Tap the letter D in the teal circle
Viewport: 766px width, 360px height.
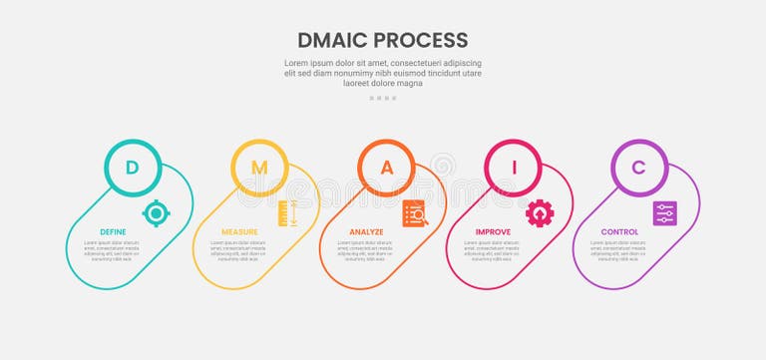pyautogui.click(x=132, y=168)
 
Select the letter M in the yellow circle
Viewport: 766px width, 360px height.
pyautogui.click(x=259, y=168)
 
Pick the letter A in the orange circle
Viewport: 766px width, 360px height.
pyautogui.click(x=387, y=168)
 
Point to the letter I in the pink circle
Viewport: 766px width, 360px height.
pyautogui.click(x=514, y=168)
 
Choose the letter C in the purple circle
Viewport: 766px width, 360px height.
pyautogui.click(x=639, y=168)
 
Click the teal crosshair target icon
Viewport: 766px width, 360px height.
pyautogui.click(x=156, y=212)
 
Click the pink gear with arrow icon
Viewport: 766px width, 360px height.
pyautogui.click(x=540, y=212)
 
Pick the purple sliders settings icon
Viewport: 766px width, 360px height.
pyautogui.click(x=665, y=212)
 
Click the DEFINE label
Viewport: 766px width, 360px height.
pyautogui.click(x=113, y=232)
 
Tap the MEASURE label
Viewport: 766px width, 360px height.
pyautogui.click(x=240, y=232)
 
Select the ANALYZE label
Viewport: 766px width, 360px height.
pyautogui.click(x=366, y=232)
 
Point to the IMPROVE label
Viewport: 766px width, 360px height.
pyautogui.click(x=493, y=232)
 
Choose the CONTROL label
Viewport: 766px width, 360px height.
pyautogui.click(x=619, y=232)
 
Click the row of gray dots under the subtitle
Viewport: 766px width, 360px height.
pyautogui.click(x=383, y=98)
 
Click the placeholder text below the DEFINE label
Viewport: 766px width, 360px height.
pyautogui.click(x=113, y=248)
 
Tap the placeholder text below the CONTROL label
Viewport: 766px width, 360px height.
pyautogui.click(x=619, y=248)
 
